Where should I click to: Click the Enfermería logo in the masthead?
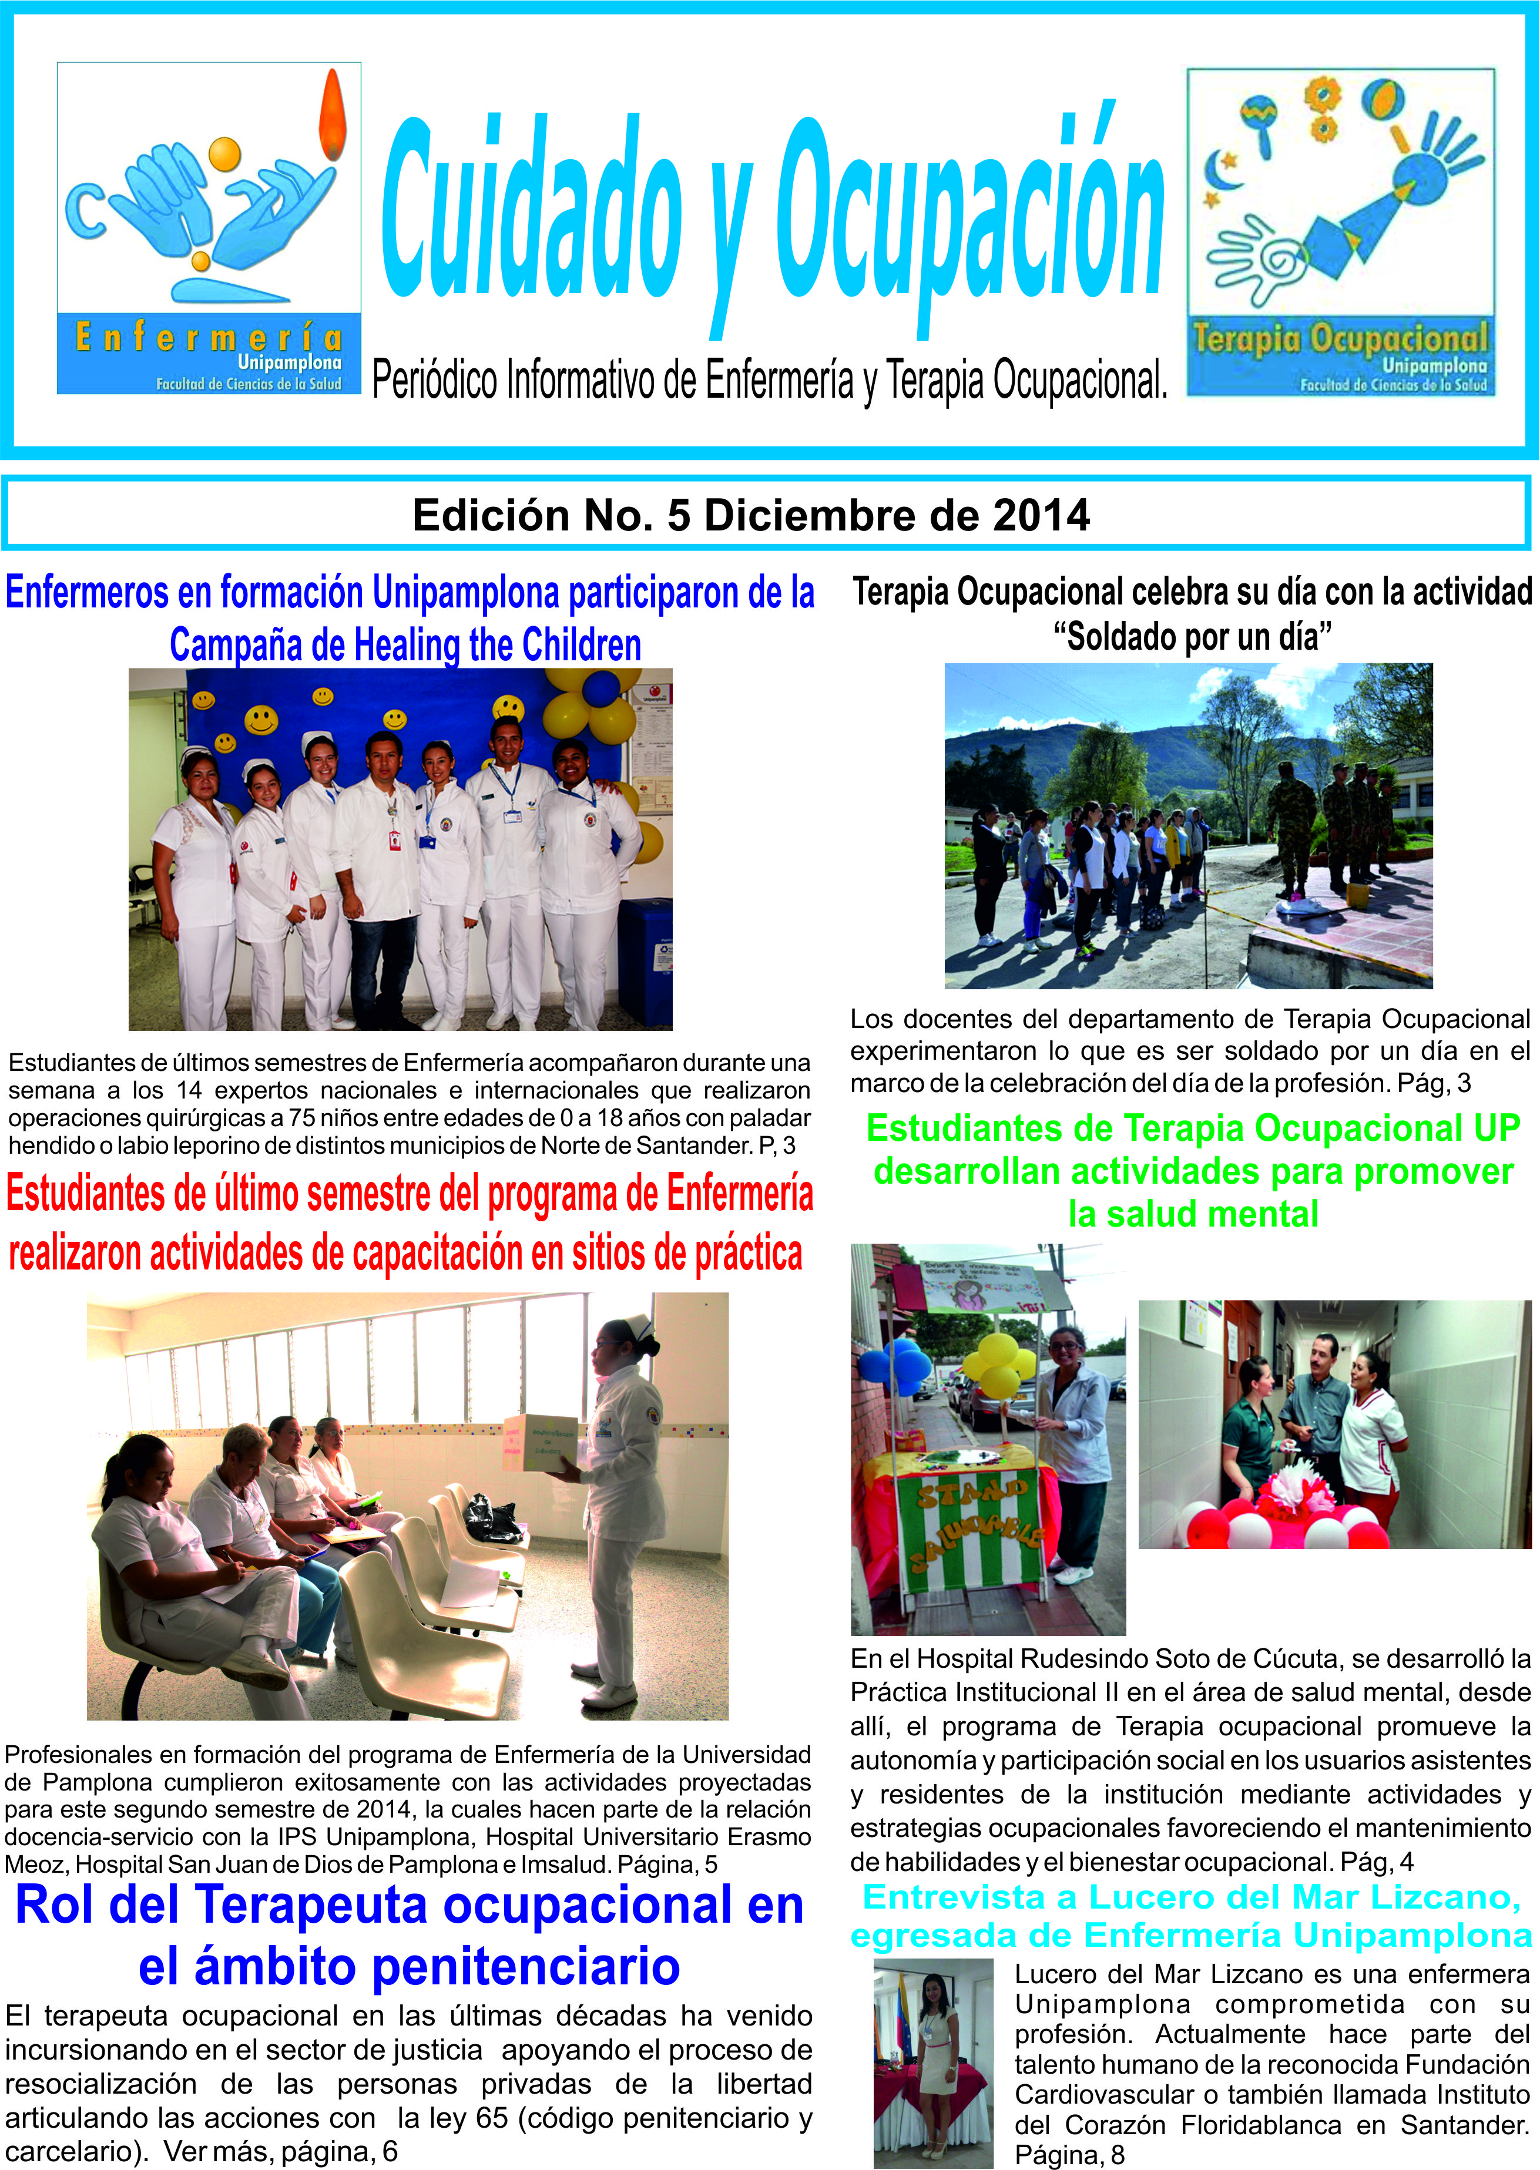[x=209, y=227]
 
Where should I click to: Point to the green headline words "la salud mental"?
[x=1193, y=1214]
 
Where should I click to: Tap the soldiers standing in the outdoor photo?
[x=1327, y=825]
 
